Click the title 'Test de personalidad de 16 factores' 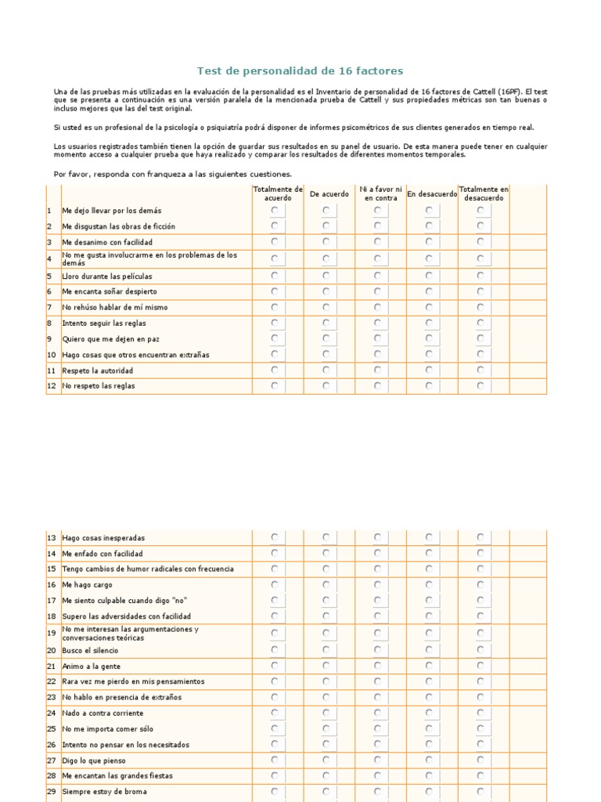click(300, 71)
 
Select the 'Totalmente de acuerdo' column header click(277, 193)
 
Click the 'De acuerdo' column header click(329, 194)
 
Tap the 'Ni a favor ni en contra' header click(380, 193)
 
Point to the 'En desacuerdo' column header click(431, 194)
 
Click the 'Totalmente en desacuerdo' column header click(484, 193)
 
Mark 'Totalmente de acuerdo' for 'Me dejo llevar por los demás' click(274, 211)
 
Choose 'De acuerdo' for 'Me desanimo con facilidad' click(326, 243)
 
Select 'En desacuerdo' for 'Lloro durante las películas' click(429, 276)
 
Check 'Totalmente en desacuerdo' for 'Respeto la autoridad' click(480, 370)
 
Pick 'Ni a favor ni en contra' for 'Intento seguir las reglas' click(377, 323)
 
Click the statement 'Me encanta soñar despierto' click(110, 291)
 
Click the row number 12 click(52, 386)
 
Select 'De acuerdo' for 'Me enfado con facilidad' click(326, 554)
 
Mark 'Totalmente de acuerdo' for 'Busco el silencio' click(274, 649)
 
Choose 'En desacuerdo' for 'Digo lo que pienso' click(429, 760)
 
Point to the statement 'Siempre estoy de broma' click(104, 792)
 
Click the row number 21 click(52, 667)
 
